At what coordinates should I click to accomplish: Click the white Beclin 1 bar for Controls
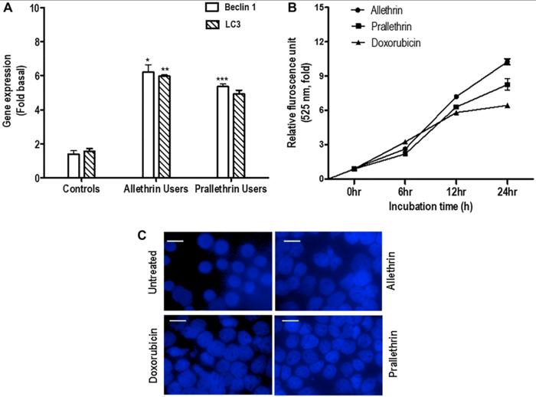[x=74, y=166]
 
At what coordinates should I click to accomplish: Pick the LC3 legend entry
[x=220, y=28]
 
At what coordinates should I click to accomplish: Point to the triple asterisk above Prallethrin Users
[x=222, y=79]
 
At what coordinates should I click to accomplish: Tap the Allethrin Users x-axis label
[x=157, y=189]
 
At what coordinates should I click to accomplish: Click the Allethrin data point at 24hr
[x=506, y=61]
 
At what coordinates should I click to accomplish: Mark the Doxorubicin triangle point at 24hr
[x=506, y=105]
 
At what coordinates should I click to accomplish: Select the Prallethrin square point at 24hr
[x=506, y=84]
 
